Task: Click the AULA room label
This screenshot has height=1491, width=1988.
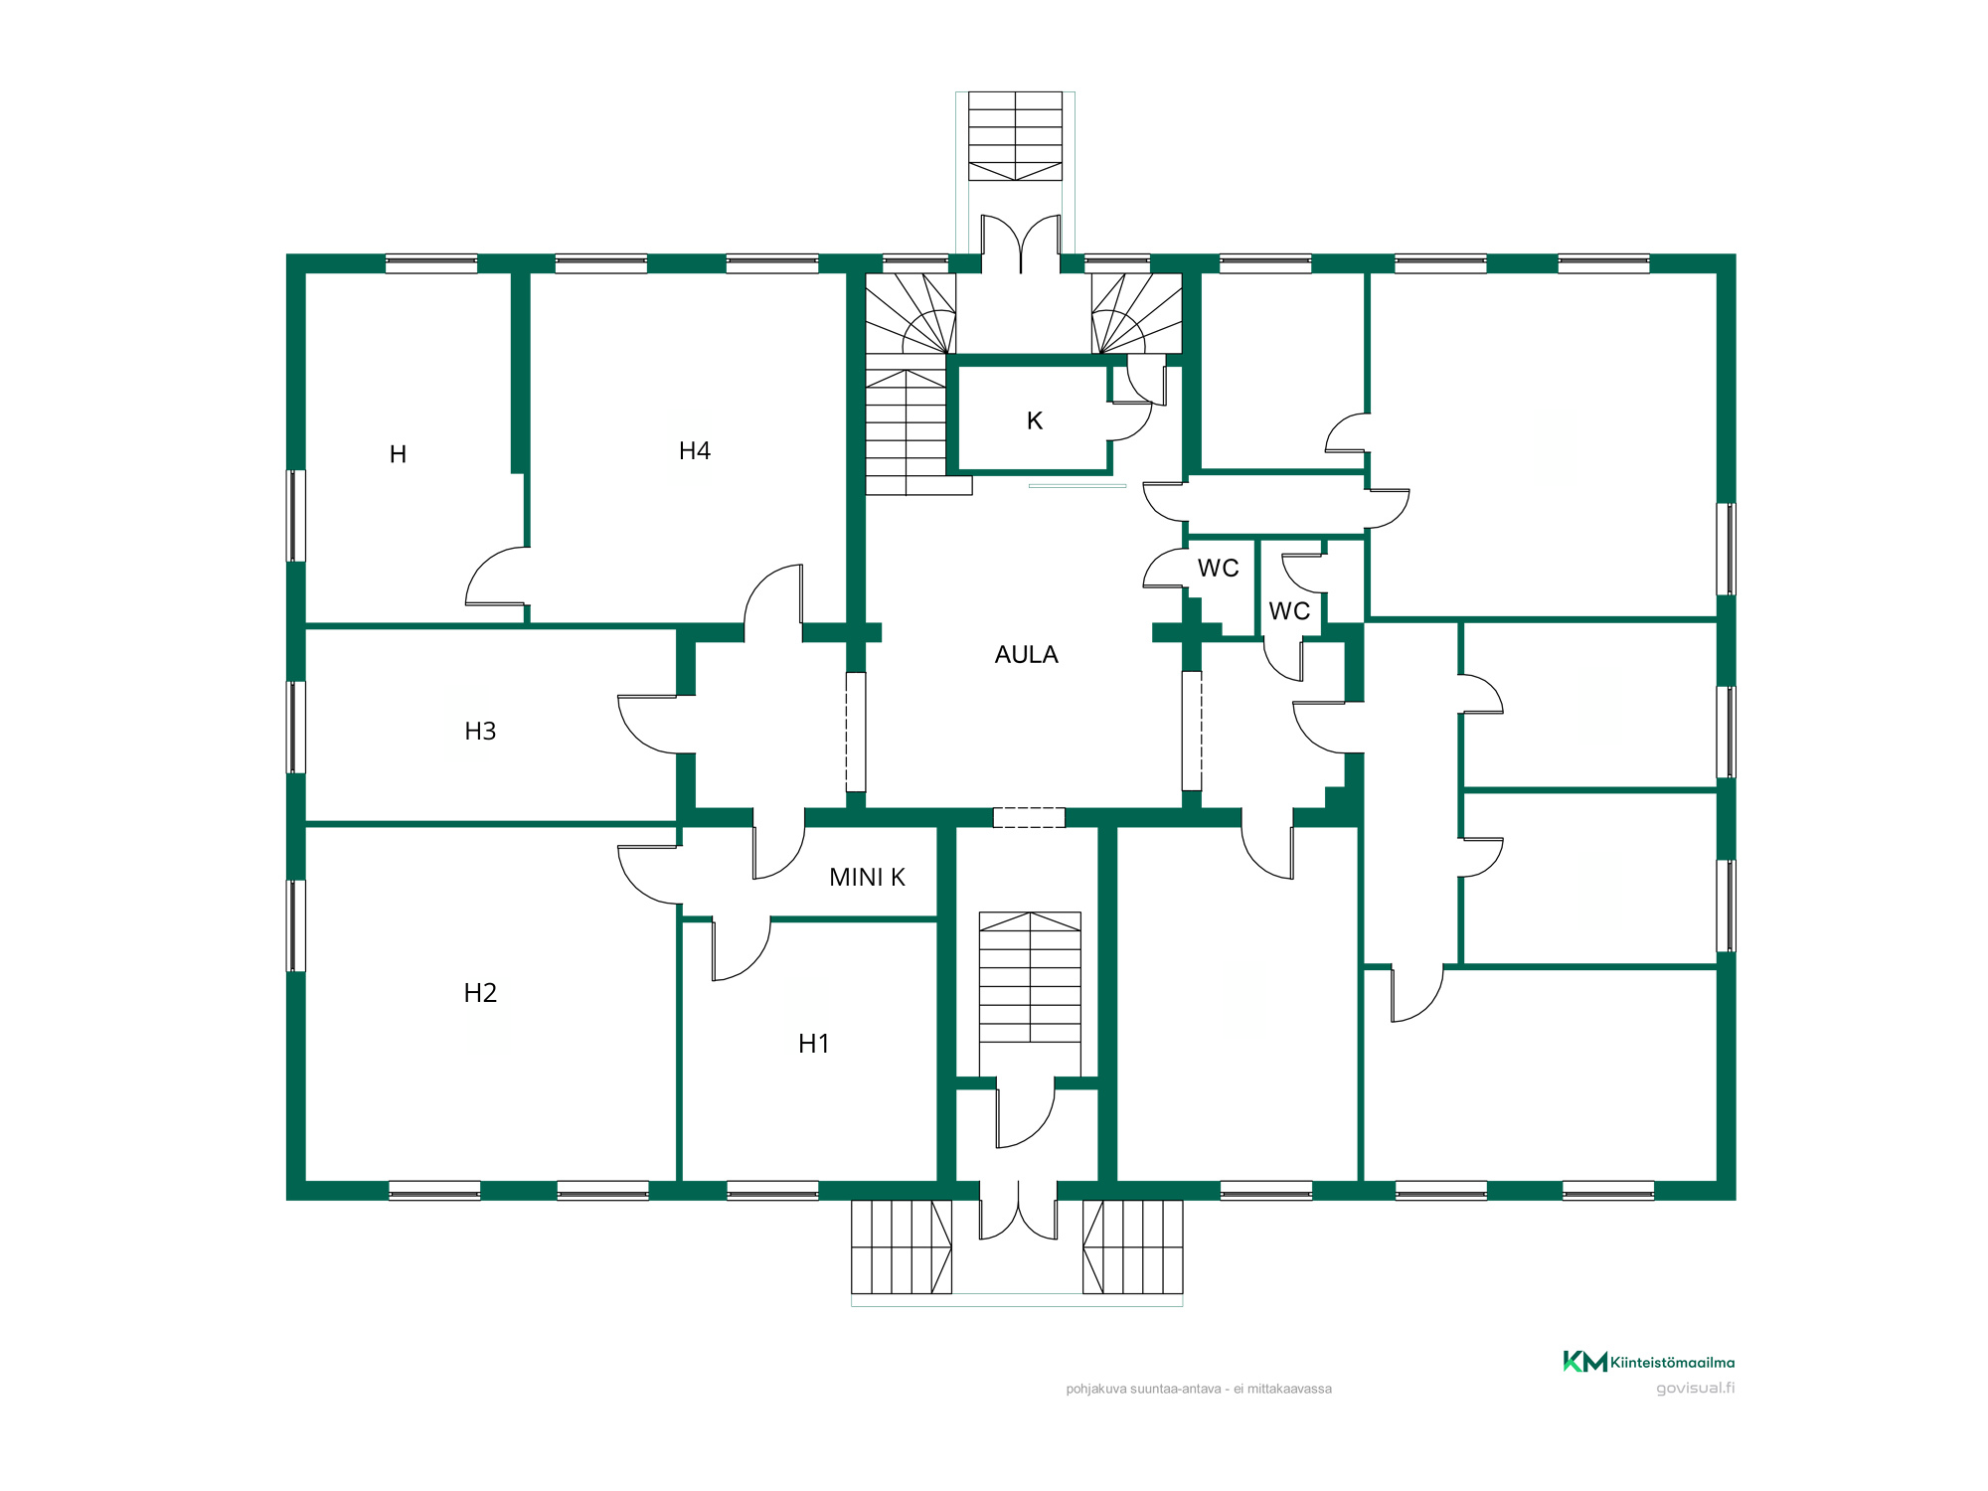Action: (x=1026, y=655)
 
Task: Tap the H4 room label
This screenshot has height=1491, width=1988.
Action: (x=695, y=451)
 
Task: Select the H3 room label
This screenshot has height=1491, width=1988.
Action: (x=480, y=732)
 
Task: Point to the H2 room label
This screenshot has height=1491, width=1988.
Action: (x=480, y=993)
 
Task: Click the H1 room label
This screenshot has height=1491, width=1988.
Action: (x=813, y=1044)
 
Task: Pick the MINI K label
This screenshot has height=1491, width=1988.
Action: (x=867, y=878)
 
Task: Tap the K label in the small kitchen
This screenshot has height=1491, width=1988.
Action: (x=1035, y=421)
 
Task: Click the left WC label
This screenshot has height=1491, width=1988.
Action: (x=1218, y=569)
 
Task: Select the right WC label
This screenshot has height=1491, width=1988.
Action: (x=1289, y=611)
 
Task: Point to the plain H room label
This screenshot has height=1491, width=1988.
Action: (x=398, y=455)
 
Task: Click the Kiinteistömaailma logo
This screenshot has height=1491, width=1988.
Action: (x=1649, y=1362)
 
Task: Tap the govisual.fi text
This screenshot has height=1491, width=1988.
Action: (x=1696, y=1388)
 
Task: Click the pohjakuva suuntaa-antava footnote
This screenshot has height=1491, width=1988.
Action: (x=1199, y=1389)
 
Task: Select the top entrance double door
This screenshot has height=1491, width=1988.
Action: (x=1021, y=244)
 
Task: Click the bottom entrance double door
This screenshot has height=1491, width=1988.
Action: (x=1019, y=1211)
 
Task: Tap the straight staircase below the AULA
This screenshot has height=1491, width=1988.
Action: (x=1030, y=977)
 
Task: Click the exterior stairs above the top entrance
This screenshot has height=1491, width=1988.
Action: (x=1015, y=136)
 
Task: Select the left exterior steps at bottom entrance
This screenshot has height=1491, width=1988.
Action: (x=902, y=1246)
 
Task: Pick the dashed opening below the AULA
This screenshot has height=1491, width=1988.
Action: (x=1029, y=818)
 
